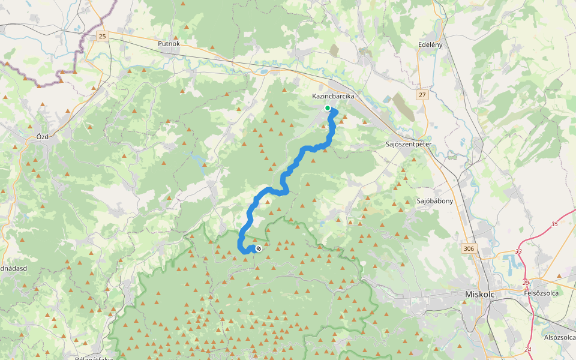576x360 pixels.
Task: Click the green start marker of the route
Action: [328, 108]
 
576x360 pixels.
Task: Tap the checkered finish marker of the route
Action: [259, 248]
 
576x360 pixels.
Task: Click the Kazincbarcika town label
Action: [334, 96]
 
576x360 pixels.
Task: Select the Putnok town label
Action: [169, 43]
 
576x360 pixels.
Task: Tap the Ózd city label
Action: [42, 136]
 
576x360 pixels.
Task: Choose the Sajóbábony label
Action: [435, 201]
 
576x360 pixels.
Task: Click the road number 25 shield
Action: [102, 37]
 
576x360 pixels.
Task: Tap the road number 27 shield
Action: [422, 95]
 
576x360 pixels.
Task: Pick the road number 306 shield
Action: [469, 248]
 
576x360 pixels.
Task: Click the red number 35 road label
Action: [554, 224]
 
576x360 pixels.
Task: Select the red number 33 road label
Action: [518, 252]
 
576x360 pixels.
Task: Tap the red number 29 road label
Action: [526, 283]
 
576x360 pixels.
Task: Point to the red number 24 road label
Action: [527, 349]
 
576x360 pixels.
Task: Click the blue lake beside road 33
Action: [510, 262]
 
